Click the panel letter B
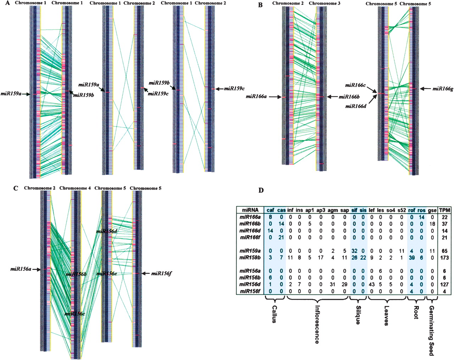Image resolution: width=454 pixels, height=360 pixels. (x=260, y=5)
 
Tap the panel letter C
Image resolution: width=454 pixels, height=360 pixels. (x=15, y=188)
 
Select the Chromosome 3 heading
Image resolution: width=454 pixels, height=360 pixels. (x=323, y=4)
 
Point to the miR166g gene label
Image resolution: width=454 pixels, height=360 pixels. (x=443, y=89)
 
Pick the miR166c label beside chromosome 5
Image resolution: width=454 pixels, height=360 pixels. (x=355, y=85)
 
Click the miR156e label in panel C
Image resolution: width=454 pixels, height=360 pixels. (x=107, y=273)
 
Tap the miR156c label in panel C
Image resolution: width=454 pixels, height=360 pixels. (x=74, y=313)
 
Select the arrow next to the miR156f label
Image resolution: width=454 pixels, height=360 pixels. (x=146, y=273)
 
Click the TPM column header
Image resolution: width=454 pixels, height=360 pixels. (x=444, y=210)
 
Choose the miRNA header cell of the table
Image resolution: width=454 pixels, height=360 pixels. (x=250, y=210)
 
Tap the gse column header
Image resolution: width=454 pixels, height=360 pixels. (x=432, y=210)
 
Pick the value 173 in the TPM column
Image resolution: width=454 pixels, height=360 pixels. (x=444, y=258)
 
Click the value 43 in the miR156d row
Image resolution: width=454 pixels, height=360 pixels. (x=372, y=285)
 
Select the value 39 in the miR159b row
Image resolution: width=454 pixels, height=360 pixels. (x=411, y=258)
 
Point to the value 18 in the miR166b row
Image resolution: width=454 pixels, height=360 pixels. (x=432, y=224)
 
